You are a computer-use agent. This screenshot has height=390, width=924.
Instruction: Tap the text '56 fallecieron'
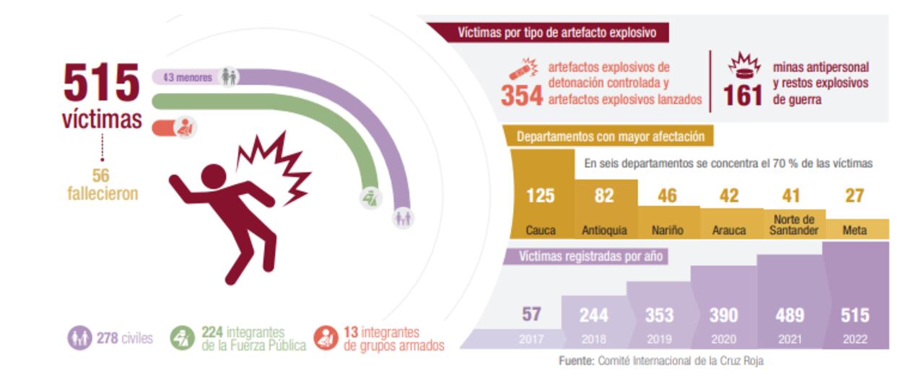coord(101,185)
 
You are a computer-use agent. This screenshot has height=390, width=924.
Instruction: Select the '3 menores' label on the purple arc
coord(189,76)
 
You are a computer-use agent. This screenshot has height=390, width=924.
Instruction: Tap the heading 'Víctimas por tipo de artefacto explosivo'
coord(549,32)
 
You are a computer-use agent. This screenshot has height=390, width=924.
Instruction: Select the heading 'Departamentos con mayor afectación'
coord(615,136)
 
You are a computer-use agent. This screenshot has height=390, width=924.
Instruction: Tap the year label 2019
coord(659,338)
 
